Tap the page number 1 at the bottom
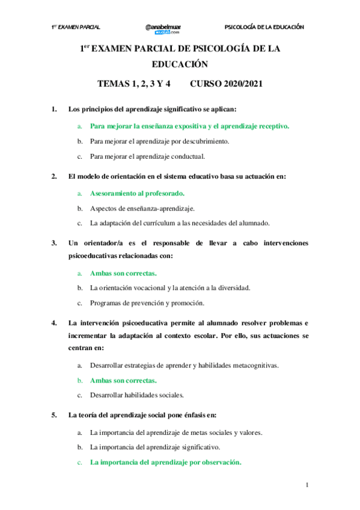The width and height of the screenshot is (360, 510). (307, 485)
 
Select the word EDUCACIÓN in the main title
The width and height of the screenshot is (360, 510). (180, 64)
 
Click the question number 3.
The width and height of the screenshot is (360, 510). (54, 244)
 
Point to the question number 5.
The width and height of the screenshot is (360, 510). (54, 415)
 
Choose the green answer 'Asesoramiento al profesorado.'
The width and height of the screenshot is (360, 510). (137, 194)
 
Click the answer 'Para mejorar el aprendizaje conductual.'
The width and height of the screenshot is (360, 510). (147, 157)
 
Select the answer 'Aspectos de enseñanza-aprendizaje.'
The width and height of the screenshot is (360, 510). (142, 208)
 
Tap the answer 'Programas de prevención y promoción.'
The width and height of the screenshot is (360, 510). (147, 303)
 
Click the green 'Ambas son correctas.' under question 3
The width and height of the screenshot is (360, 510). (123, 273)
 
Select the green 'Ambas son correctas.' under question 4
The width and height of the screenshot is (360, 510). (123, 381)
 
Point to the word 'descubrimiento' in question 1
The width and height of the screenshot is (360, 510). (204, 142)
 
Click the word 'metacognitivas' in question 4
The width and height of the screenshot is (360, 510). (252, 366)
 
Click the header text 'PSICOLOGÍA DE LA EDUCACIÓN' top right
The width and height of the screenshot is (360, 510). (264, 28)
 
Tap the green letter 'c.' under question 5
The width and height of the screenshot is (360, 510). (79, 462)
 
